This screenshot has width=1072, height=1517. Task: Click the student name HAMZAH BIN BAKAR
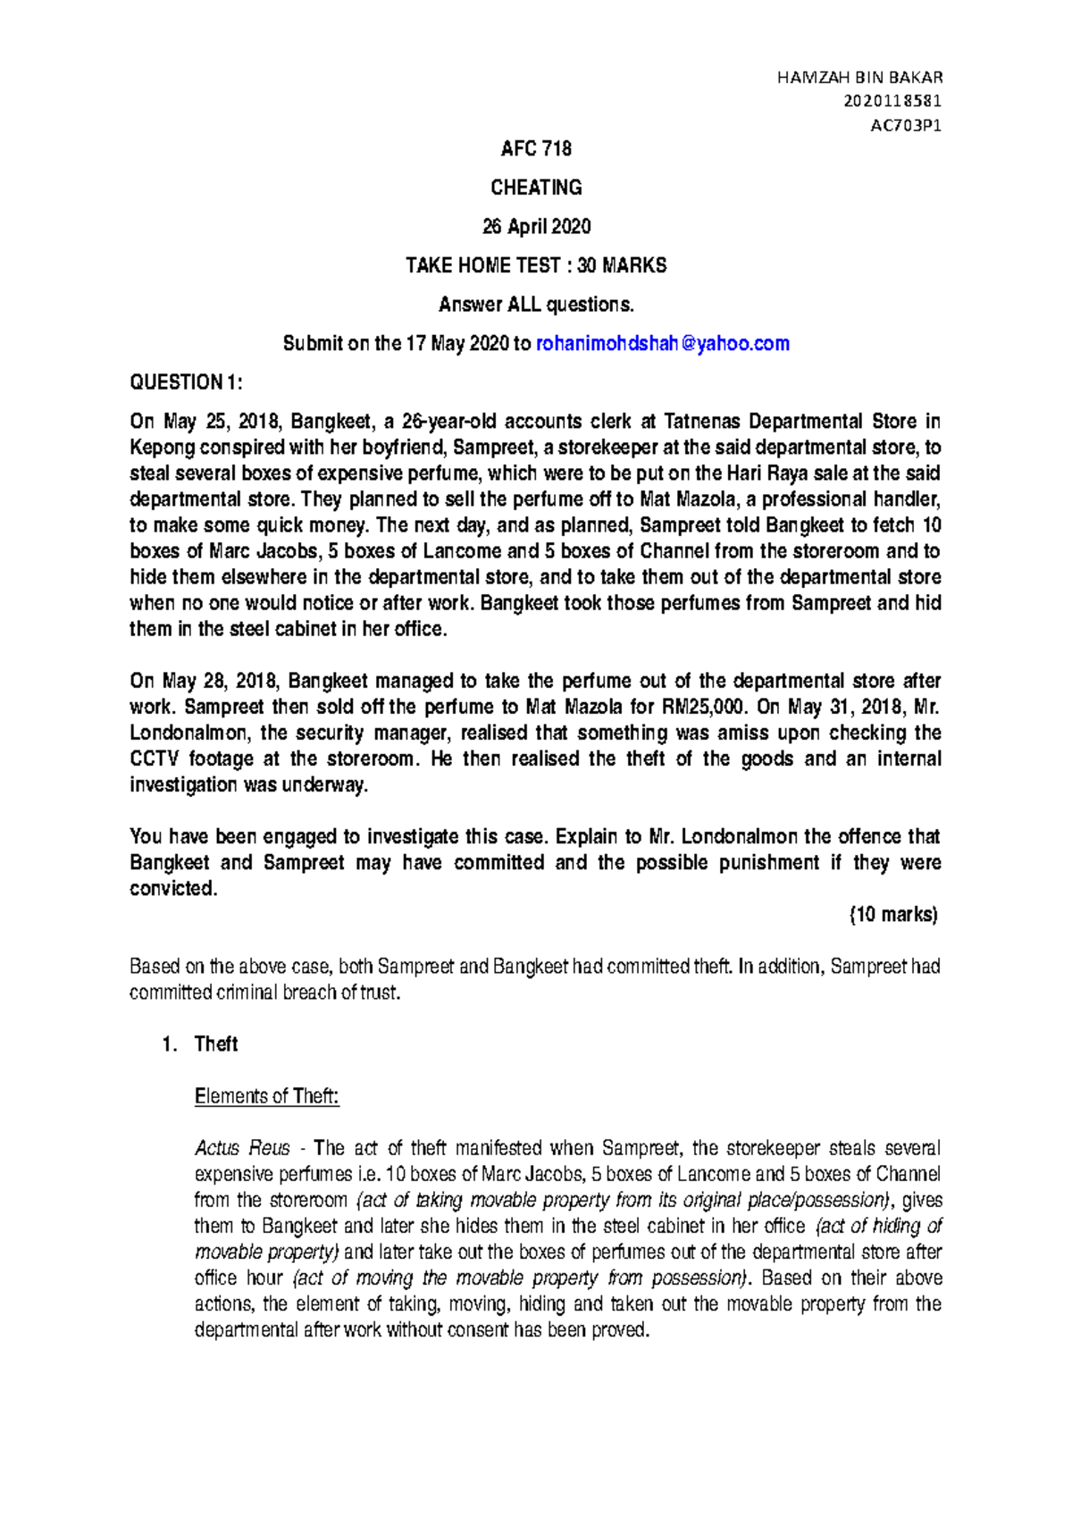click(x=859, y=78)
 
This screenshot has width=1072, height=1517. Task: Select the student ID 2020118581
click(x=892, y=102)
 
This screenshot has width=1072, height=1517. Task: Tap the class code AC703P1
click(x=906, y=126)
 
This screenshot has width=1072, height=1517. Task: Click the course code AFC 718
click(x=536, y=148)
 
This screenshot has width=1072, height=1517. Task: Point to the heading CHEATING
click(x=536, y=188)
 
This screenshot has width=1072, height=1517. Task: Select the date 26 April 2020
click(x=536, y=227)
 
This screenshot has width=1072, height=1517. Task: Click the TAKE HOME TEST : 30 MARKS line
click(x=536, y=265)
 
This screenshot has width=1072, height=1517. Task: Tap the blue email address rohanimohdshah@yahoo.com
click(x=662, y=344)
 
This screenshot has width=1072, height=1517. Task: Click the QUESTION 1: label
click(x=186, y=382)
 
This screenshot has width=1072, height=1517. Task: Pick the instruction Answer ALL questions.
click(x=536, y=305)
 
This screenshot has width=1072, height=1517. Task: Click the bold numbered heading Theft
click(x=216, y=1044)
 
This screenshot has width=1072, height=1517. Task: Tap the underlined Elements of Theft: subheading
click(x=266, y=1096)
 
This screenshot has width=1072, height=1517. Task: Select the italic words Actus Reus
click(x=242, y=1148)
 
